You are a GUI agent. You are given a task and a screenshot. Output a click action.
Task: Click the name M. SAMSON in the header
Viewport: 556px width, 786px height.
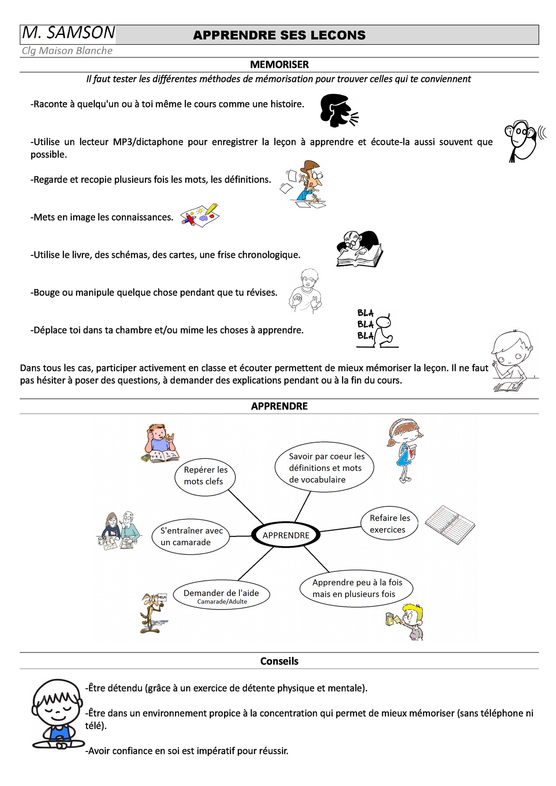click(69, 33)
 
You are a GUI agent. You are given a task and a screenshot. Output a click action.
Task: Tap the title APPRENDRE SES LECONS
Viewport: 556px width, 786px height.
click(279, 35)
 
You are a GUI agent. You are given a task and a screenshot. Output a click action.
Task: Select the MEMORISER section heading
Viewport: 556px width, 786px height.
click(279, 65)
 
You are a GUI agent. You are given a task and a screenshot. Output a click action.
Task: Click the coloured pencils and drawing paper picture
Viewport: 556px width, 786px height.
click(200, 215)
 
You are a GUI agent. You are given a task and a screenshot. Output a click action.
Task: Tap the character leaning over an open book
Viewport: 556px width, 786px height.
click(359, 249)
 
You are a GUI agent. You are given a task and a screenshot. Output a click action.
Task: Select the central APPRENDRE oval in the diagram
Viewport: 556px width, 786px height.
click(286, 535)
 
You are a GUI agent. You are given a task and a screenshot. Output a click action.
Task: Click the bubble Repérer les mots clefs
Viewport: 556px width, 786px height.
click(205, 475)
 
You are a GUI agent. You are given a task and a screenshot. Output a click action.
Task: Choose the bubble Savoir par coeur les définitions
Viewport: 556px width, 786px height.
click(324, 468)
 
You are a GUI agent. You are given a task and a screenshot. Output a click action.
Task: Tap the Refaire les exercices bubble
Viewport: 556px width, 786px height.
click(389, 524)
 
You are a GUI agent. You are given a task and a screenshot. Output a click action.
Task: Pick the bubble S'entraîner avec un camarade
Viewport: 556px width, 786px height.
click(191, 536)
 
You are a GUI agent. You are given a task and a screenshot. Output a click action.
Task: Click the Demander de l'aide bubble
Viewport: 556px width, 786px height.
click(222, 596)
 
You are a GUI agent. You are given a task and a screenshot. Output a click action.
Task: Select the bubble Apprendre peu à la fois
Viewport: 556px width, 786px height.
click(356, 588)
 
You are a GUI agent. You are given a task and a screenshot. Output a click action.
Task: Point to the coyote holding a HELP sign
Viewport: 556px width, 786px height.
click(153, 612)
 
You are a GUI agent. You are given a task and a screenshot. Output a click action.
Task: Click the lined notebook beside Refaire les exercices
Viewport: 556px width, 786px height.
click(450, 524)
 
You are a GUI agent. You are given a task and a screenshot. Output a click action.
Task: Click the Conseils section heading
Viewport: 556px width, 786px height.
click(279, 661)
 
